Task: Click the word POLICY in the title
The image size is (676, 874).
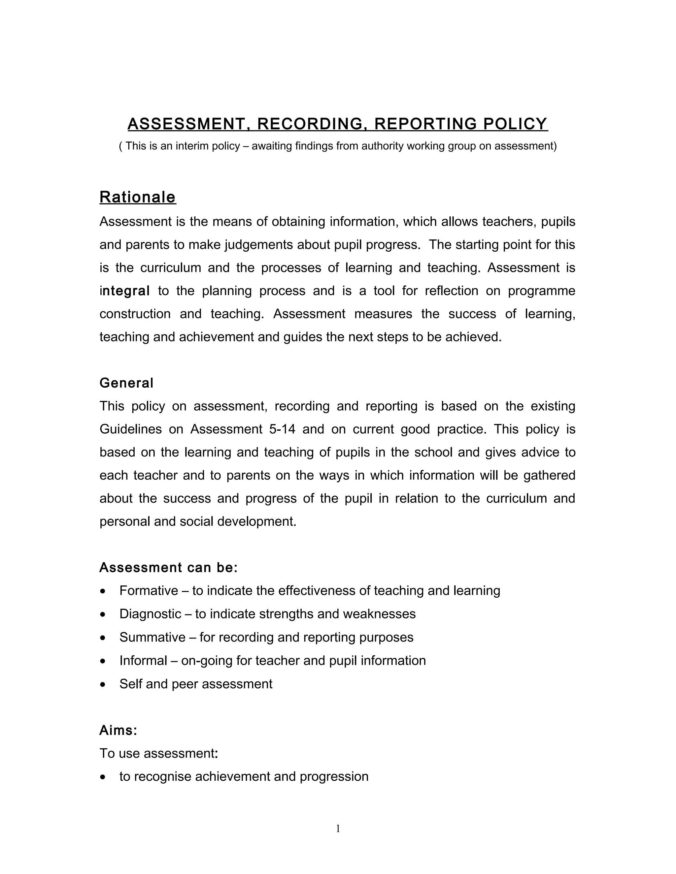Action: (x=515, y=124)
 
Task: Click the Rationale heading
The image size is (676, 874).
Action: (x=137, y=197)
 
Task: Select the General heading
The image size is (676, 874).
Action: (x=126, y=383)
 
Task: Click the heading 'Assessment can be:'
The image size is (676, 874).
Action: (x=168, y=568)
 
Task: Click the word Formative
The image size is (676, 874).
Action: (x=149, y=591)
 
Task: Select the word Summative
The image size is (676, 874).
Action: (x=152, y=637)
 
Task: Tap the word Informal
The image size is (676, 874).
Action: (x=143, y=660)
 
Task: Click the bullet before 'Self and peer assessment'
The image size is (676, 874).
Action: (x=103, y=685)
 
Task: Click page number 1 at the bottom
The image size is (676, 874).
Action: (x=338, y=829)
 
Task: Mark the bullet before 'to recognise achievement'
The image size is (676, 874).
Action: (x=103, y=777)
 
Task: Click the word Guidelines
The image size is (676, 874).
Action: (x=131, y=429)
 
